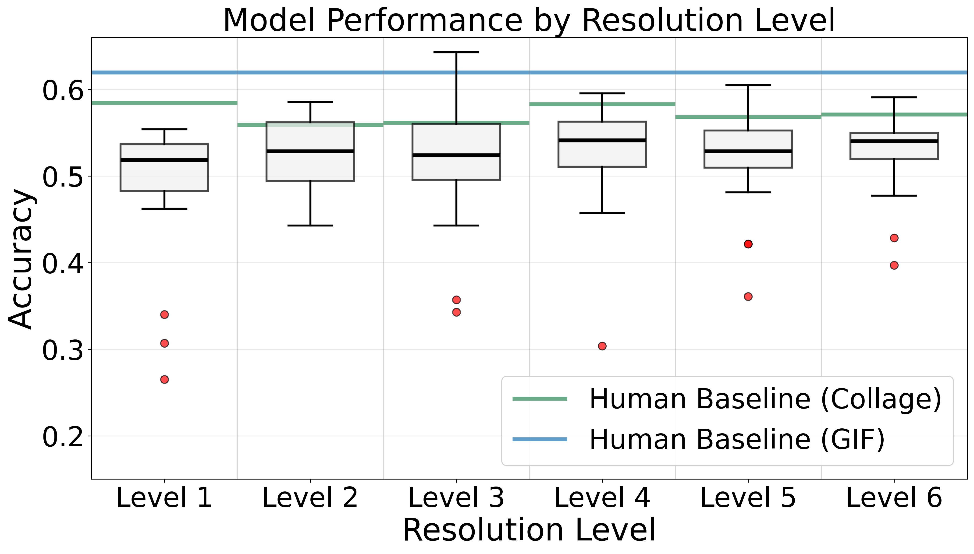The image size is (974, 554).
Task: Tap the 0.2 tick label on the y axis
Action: (63, 437)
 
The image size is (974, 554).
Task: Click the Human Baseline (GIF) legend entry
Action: (698, 439)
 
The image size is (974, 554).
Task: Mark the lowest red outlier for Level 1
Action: (164, 379)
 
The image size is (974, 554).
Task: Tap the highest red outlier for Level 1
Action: (164, 314)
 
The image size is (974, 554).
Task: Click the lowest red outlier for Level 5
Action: (748, 296)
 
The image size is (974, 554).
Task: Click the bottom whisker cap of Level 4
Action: (602, 213)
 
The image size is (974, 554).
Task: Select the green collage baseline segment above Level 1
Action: (164, 103)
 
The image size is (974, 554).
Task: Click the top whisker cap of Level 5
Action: (748, 85)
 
